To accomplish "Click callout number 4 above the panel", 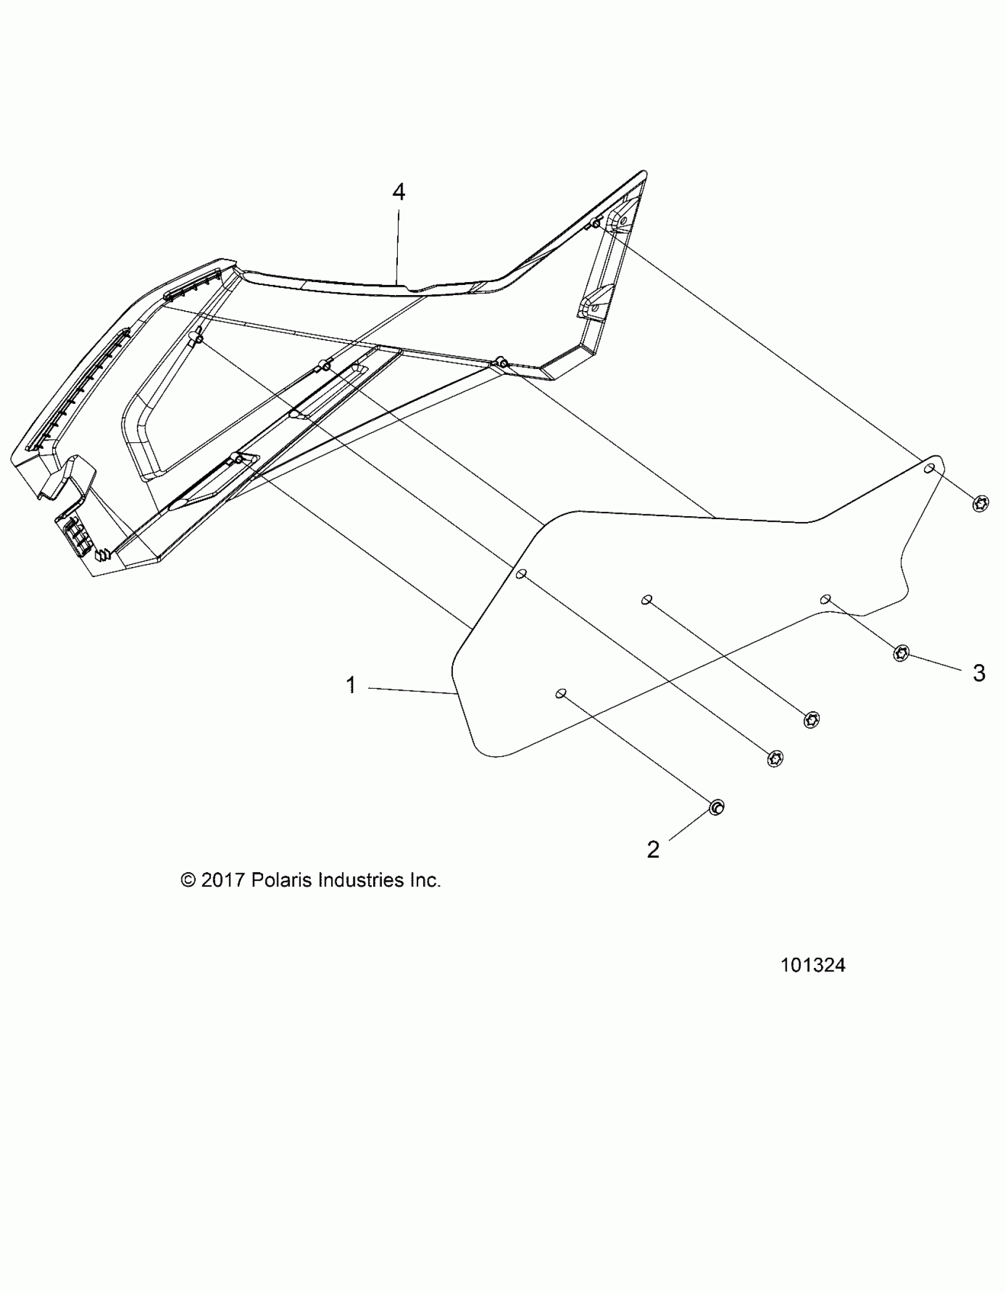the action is click(x=399, y=192).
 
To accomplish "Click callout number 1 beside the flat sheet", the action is click(x=351, y=685).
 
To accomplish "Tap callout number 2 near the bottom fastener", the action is click(x=653, y=850).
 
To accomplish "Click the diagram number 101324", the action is click(x=813, y=965).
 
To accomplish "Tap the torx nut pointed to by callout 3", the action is click(x=900, y=653).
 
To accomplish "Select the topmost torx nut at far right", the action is click(x=980, y=504).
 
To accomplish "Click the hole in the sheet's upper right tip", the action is click(x=930, y=468).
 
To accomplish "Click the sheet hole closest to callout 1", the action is click(x=561, y=693).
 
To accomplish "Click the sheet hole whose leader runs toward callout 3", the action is click(x=825, y=599).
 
